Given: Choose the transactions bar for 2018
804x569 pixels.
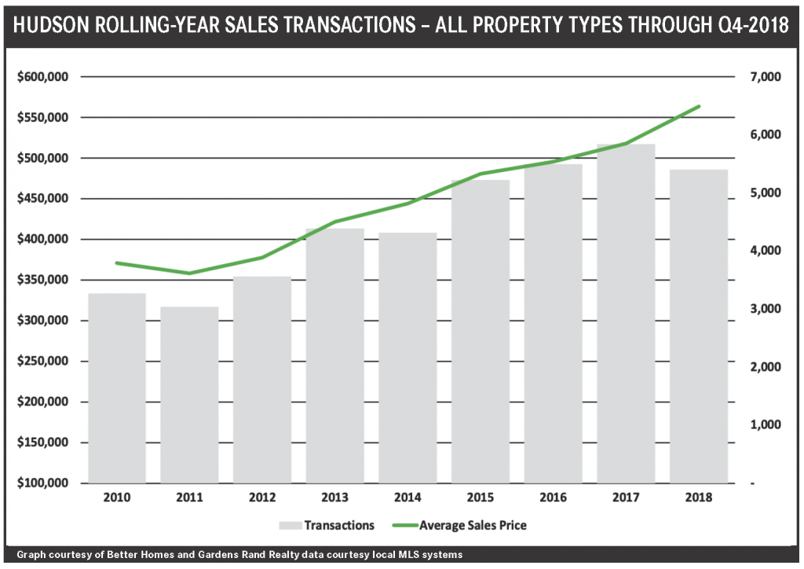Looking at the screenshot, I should click(698, 325).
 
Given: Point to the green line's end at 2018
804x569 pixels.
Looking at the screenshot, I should click(699, 106).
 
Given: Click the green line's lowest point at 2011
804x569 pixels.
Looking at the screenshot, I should click(189, 273).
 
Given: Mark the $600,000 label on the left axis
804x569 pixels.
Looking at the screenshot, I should click(44, 77).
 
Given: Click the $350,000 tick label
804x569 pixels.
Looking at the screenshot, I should click(44, 280).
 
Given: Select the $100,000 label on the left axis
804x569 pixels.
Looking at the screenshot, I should click(44, 483).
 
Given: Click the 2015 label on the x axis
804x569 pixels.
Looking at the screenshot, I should click(481, 497).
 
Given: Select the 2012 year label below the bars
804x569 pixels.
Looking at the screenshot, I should click(262, 497).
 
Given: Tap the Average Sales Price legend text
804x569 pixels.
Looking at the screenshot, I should click(473, 525).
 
